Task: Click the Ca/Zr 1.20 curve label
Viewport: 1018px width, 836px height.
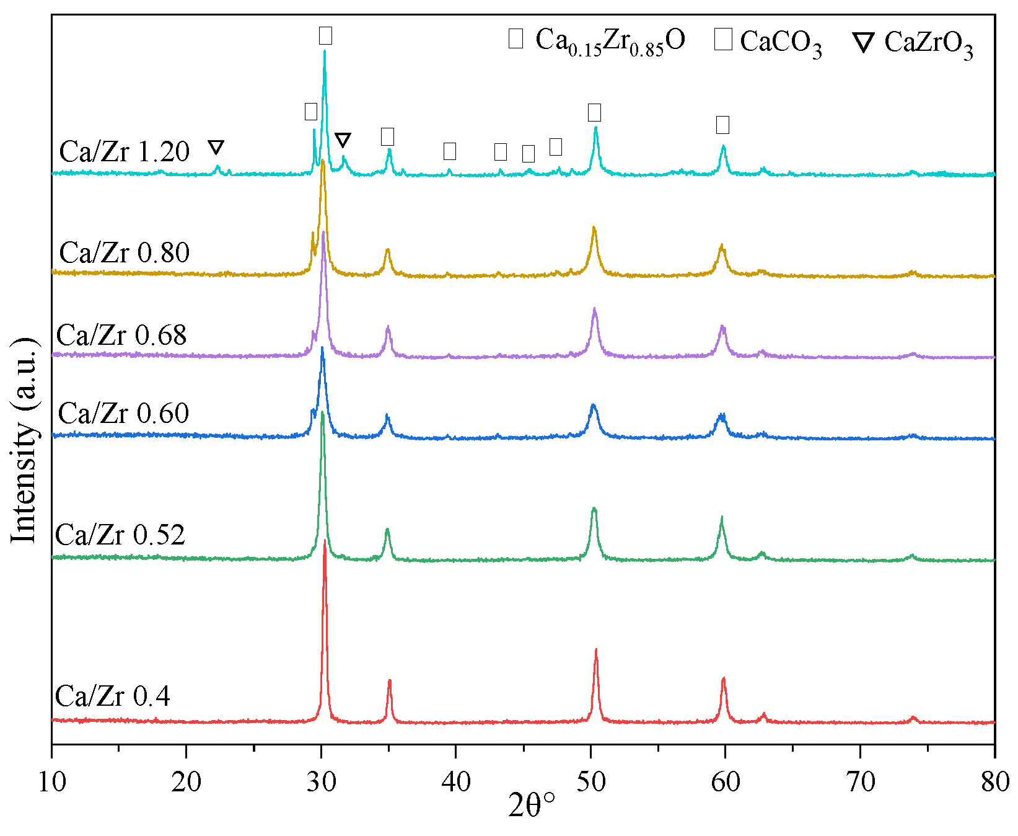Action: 124,152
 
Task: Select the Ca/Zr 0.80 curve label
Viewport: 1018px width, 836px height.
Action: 124,253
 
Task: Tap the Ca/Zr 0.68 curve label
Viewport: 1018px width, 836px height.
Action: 121,336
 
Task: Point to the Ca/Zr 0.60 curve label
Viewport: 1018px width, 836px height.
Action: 123,414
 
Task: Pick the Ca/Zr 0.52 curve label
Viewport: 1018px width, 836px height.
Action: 120,535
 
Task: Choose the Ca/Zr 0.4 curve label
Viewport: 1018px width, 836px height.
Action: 112,696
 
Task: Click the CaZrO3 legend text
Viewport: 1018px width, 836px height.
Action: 928,43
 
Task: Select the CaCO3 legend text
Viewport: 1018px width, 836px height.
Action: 781,43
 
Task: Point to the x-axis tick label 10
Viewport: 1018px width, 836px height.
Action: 52,782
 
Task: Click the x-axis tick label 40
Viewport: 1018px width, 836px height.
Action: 456,782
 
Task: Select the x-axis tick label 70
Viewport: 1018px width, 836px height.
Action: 861,782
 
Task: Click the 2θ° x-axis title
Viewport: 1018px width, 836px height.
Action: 532,806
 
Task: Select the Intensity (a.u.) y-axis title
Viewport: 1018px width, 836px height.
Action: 25,440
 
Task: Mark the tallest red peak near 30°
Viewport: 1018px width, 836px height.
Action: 324,542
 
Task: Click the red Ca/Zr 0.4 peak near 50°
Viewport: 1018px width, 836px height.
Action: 596,651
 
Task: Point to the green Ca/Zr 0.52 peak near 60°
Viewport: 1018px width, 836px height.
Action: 721,518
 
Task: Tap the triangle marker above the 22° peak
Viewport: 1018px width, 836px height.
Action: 216,147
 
